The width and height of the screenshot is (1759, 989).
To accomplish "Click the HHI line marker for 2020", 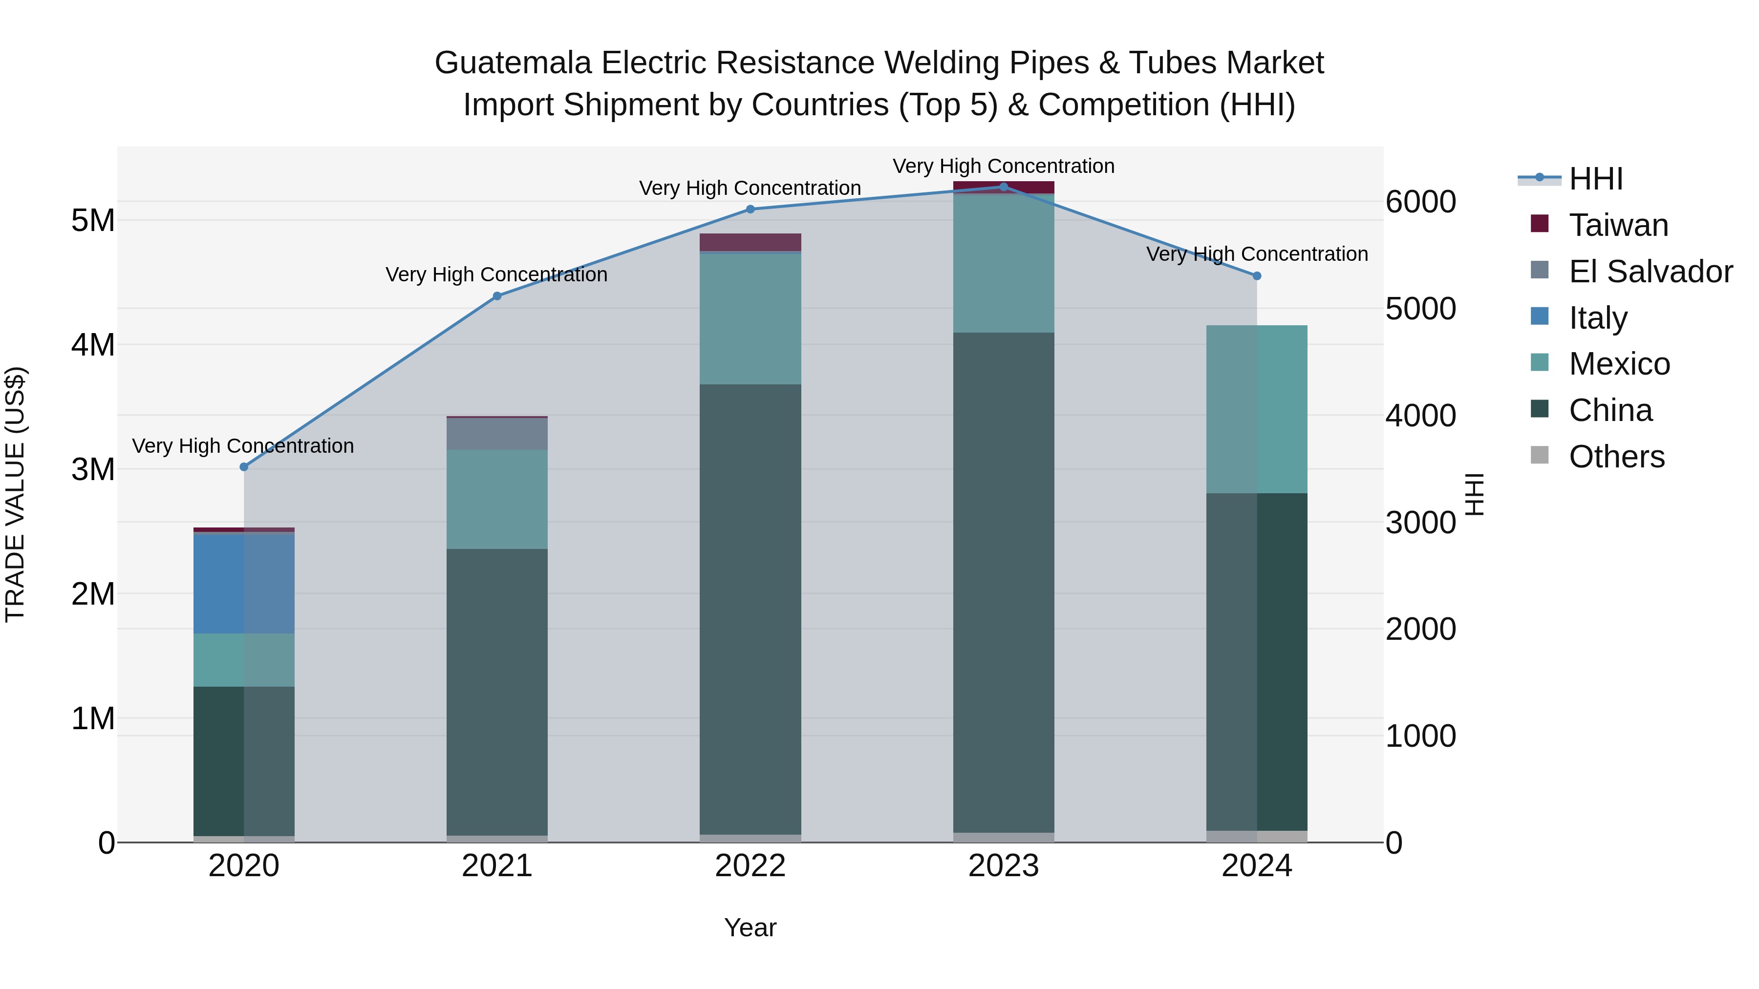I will (244, 467).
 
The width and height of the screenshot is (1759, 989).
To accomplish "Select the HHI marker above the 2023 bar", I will (1003, 187).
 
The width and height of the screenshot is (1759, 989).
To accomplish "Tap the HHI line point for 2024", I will (1256, 276).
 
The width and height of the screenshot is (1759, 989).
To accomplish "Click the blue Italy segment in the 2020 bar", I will (244, 584).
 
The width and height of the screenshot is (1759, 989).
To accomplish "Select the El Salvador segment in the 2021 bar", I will (496, 434).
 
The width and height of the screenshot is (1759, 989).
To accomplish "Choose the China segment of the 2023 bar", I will (1003, 580).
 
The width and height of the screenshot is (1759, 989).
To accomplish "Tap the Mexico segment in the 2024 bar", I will (1256, 410).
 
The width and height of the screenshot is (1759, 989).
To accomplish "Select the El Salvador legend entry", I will (1650, 272).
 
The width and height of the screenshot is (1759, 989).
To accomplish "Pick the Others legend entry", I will (1616, 457).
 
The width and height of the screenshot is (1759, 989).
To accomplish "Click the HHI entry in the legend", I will (1595, 179).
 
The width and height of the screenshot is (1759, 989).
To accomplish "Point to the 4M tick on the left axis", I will (93, 345).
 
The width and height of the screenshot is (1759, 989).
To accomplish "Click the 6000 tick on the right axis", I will (1420, 202).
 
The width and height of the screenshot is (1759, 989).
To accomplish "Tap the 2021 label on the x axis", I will (496, 866).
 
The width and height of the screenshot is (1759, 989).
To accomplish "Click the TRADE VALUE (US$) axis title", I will (15, 495).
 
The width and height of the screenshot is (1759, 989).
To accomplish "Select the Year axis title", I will (750, 927).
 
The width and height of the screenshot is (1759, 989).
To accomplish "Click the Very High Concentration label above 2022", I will (750, 188).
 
